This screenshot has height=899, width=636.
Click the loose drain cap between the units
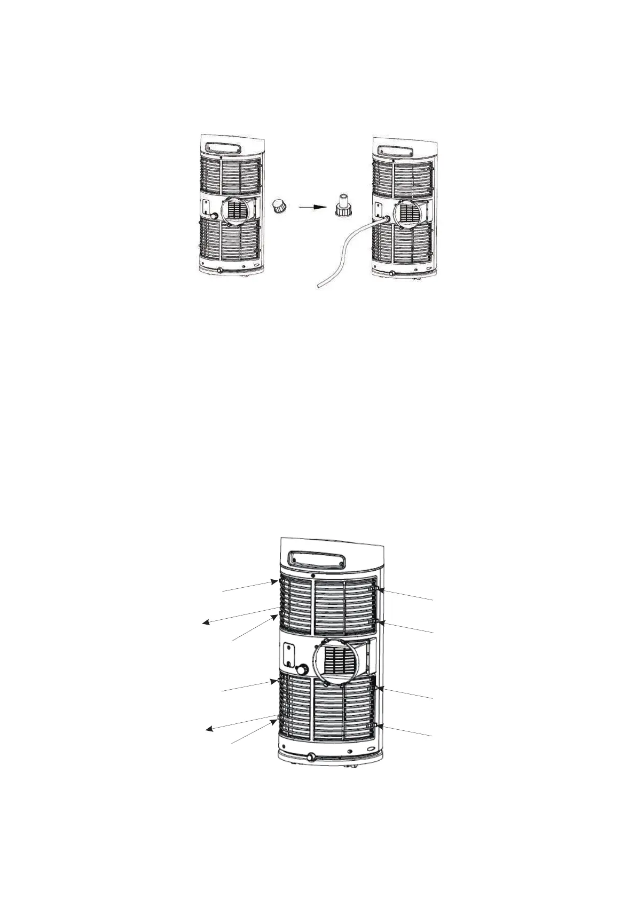[279, 207]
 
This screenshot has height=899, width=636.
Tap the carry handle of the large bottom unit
[315, 559]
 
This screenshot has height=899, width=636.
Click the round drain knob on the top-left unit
[215, 216]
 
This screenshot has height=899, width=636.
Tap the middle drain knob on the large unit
[304, 669]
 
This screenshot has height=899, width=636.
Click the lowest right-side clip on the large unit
[377, 725]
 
